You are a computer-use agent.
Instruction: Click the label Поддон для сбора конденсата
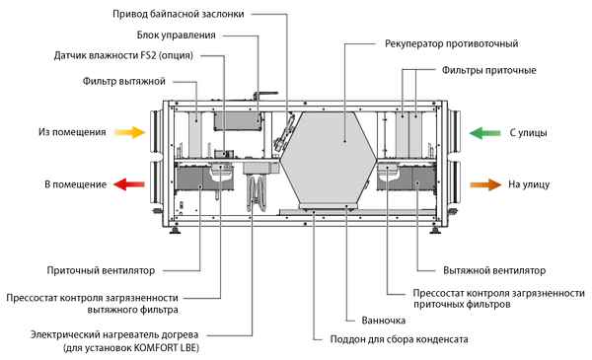390,339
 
